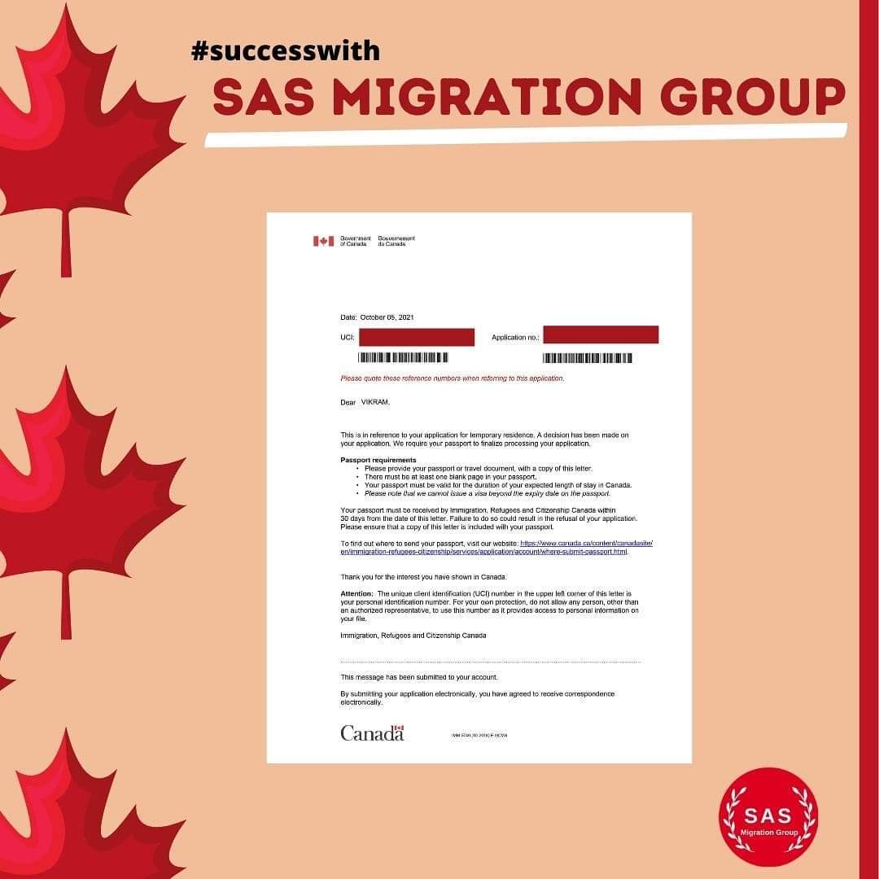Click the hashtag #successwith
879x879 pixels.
tap(285, 51)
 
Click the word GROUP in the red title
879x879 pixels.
tap(752, 98)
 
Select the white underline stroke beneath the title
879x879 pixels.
tap(525, 136)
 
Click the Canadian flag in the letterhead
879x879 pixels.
tap(323, 241)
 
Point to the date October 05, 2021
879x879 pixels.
tap(387, 317)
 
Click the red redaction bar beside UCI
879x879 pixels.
tap(416, 337)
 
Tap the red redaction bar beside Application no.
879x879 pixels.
tap(601, 335)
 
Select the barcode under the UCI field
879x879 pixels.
tap(404, 357)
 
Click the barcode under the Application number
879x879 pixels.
tap(588, 358)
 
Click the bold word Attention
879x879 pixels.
tap(356, 594)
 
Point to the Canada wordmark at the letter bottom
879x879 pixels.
tap(372, 733)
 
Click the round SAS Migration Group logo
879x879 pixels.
tap(767, 816)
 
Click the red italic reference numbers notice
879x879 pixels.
tap(452, 378)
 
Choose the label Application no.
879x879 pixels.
tap(515, 337)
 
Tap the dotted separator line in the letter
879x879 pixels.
tap(490, 662)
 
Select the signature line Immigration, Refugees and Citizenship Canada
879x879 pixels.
tap(413, 636)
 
